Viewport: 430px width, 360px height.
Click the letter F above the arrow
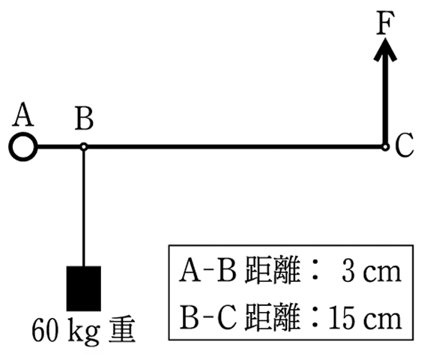tap(385, 23)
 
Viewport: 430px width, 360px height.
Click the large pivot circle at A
tap(23, 147)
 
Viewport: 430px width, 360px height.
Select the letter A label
tap(23, 114)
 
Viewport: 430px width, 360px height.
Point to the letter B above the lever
tap(84, 118)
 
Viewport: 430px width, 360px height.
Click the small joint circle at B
tap(84, 147)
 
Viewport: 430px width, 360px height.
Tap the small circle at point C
tap(385, 147)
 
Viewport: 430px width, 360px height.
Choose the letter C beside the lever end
tap(405, 145)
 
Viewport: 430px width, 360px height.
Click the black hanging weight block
tap(84, 288)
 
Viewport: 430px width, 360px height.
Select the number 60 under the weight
tap(45, 329)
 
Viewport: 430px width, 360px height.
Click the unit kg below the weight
tap(83, 331)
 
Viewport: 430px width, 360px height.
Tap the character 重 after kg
tap(122, 329)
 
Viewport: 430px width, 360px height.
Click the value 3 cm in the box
tap(371, 271)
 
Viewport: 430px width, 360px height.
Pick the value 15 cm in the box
tap(365, 318)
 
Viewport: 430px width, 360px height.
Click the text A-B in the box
tap(208, 271)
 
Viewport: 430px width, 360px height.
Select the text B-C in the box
tap(208, 318)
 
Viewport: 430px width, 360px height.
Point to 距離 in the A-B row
tap(271, 271)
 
